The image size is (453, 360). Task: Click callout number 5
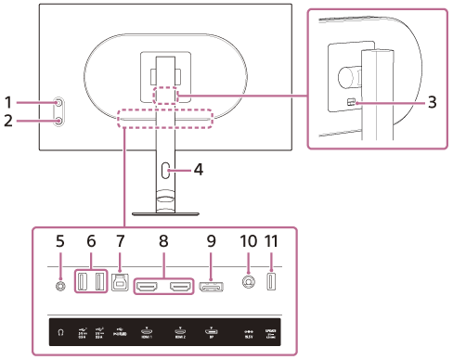[60, 239]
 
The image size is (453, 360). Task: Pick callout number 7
[120, 239]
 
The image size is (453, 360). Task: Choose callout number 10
[247, 239]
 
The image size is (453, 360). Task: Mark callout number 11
[272, 239]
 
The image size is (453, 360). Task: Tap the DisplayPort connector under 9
[210, 284]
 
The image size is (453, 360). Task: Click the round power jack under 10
[247, 283]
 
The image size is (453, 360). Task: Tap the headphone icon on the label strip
[60, 330]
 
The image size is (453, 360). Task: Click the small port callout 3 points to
[351, 104]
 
